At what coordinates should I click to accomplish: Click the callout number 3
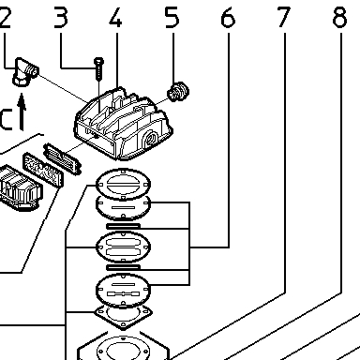click(x=61, y=18)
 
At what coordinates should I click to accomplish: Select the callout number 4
click(x=115, y=18)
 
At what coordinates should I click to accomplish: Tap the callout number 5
click(x=172, y=18)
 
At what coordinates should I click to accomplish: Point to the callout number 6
click(x=228, y=18)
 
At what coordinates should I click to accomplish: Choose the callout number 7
click(x=284, y=18)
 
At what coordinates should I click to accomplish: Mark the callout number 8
click(x=339, y=18)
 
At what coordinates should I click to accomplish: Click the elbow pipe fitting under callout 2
click(x=25, y=71)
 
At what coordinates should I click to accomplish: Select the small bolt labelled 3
click(x=98, y=68)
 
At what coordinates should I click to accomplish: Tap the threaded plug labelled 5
click(x=178, y=91)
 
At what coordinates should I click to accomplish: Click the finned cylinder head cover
click(x=123, y=124)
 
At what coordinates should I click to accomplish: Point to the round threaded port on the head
click(x=152, y=138)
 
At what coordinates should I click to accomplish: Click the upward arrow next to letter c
click(x=22, y=112)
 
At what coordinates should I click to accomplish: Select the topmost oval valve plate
click(x=123, y=185)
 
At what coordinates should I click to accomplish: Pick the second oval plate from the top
click(x=123, y=208)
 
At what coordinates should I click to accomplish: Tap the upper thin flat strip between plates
click(x=123, y=226)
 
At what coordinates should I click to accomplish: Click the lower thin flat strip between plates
click(x=123, y=267)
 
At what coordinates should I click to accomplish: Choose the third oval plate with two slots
click(x=123, y=247)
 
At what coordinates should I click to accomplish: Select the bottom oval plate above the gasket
click(x=123, y=290)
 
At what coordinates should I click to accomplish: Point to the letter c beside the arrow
click(x=7, y=119)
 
